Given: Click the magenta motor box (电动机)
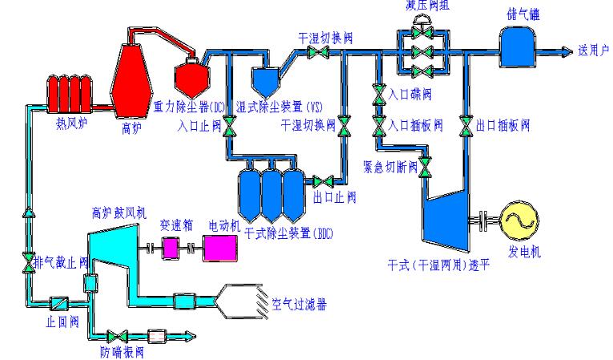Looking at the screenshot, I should point(220,249).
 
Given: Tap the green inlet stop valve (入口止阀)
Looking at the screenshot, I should point(228,127).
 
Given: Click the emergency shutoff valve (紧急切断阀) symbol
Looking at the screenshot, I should point(425,168).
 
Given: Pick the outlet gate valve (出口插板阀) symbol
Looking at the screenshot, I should point(465,126).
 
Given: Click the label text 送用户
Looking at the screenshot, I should point(593,50).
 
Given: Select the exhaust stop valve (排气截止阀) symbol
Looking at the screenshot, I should point(29,261).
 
